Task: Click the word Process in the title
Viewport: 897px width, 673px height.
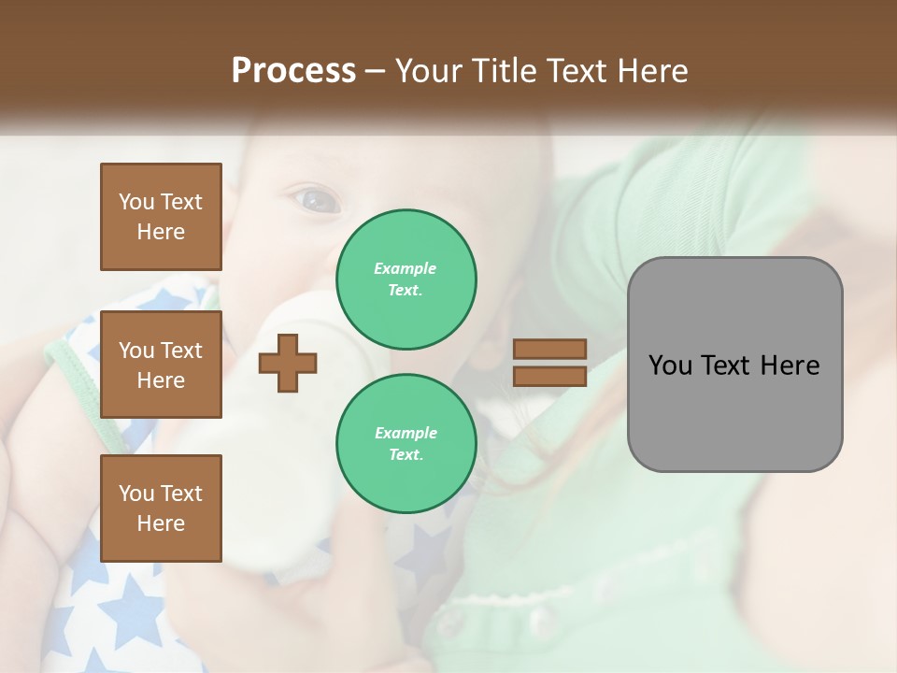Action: pos(293,71)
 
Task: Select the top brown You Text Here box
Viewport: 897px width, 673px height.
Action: pos(161,217)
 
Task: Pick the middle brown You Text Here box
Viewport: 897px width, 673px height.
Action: pos(161,365)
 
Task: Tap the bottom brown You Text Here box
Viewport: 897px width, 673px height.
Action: pos(161,508)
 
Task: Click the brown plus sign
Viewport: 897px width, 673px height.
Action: pos(288,363)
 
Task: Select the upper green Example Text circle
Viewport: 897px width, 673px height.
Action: pos(406,279)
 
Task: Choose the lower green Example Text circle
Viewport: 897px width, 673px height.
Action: pos(406,444)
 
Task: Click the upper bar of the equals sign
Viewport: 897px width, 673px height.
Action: pos(549,349)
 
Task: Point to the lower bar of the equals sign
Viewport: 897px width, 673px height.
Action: pos(549,376)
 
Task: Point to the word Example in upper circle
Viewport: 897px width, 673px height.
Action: pos(406,268)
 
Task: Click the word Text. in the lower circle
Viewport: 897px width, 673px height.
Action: pos(406,455)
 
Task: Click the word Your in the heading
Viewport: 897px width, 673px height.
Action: pos(429,71)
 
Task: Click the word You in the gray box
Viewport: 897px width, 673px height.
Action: pos(670,365)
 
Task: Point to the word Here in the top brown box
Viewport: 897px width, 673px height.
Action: pos(161,232)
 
